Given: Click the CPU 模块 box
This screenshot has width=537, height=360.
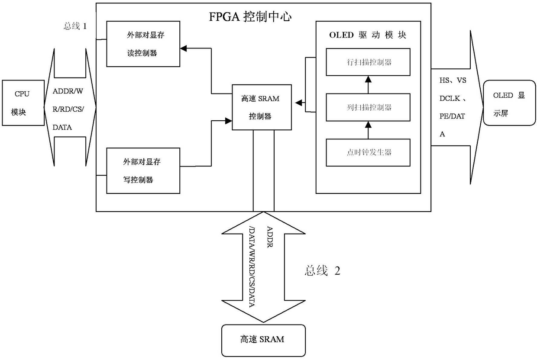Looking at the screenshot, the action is tap(23, 103).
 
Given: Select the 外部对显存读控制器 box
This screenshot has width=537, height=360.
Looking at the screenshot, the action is tap(143, 44).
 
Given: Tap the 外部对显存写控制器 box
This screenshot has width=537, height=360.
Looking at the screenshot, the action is tap(143, 170).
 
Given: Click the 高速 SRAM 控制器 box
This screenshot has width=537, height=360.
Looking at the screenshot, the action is tap(262, 107).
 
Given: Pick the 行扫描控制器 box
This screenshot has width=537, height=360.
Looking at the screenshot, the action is tap(368, 62).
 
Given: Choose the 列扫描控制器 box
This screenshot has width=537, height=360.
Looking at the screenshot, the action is tap(368, 107).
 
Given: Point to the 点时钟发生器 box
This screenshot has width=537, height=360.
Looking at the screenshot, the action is tap(368, 152).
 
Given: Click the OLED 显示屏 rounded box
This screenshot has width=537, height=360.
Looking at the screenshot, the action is tap(509, 103).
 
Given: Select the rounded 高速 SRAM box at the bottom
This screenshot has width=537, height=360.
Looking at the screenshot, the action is tap(263, 341).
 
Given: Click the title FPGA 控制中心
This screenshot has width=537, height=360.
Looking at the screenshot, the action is tap(250, 17).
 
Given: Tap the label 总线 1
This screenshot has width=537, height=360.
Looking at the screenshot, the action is tap(75, 26).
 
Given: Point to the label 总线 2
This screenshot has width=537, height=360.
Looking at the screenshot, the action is tap(323, 271).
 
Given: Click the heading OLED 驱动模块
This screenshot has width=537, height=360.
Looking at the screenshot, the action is tap(368, 35).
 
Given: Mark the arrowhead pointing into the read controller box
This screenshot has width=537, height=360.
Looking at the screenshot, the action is tap(183, 48).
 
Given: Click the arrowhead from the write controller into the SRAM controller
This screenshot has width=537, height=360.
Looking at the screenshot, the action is tap(229, 121).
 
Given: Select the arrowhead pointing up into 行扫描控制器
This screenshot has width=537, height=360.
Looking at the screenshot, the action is tap(368, 79).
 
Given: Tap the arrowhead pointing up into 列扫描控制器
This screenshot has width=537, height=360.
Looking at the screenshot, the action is tap(368, 125).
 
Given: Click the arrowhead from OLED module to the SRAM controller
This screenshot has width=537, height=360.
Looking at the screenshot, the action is tap(298, 103).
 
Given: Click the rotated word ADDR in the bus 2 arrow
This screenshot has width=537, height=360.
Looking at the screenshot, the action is tap(270, 237).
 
